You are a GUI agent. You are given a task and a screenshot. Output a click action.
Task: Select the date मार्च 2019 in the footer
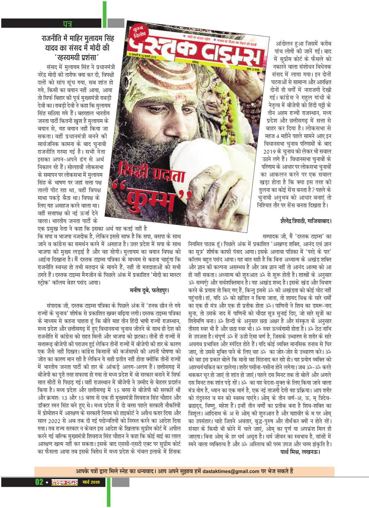pyautogui.click(x=91, y=482)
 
